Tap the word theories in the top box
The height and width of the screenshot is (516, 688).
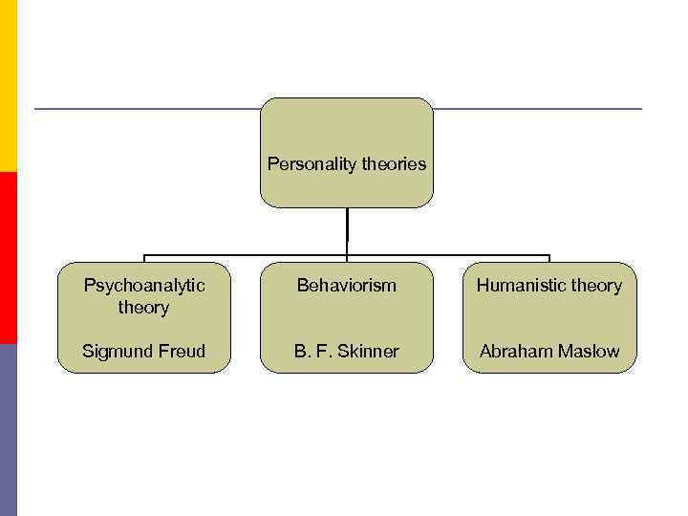(x=393, y=164)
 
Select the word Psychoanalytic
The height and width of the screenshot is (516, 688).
(x=143, y=286)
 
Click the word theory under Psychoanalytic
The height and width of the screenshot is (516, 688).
(x=143, y=308)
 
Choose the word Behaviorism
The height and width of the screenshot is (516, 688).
(x=347, y=286)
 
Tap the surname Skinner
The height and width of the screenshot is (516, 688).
(x=367, y=352)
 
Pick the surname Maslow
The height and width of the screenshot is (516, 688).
(x=589, y=352)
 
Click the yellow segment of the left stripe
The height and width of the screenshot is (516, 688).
(x=9, y=86)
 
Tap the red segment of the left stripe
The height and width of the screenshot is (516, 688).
(x=9, y=258)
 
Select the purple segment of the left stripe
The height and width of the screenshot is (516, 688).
(x=9, y=430)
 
